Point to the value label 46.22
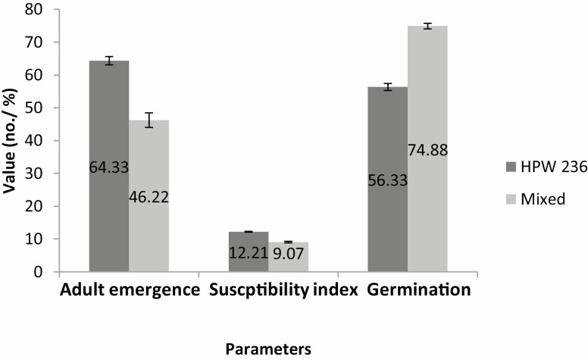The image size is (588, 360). point(149,196)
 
